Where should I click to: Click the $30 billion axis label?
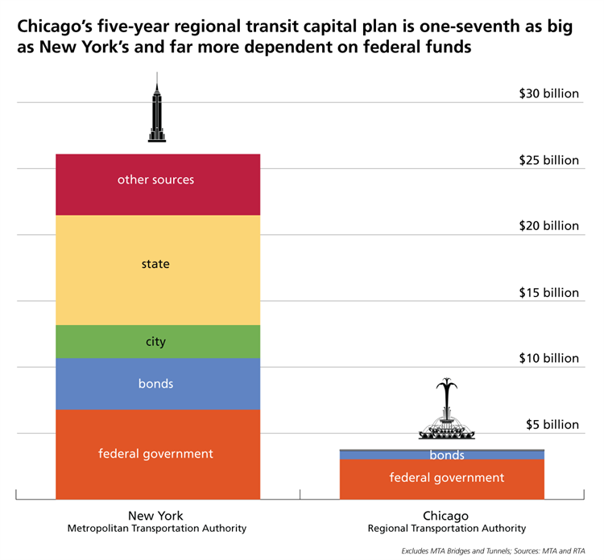click(548, 93)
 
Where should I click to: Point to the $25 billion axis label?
click(548, 160)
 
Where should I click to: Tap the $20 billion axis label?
click(548, 226)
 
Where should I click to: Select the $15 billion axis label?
click(548, 292)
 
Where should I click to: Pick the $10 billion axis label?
click(548, 358)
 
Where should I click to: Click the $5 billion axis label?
click(552, 424)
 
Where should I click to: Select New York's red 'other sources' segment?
click(157, 184)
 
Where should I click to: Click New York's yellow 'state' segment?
click(157, 270)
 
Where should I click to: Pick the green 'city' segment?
click(157, 342)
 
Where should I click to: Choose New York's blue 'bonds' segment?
click(157, 384)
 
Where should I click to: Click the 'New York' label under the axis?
click(155, 516)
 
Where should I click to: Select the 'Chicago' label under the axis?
click(446, 516)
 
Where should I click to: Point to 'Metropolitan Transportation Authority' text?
click(156, 529)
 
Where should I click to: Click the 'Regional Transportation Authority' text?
click(446, 529)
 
